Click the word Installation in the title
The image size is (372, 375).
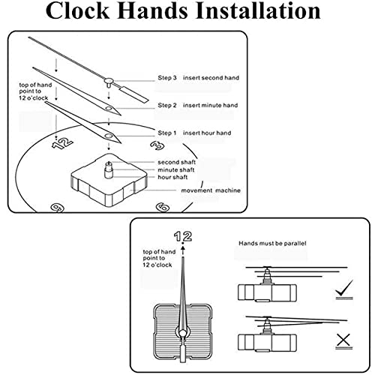point(258,10)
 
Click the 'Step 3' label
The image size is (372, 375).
point(167,78)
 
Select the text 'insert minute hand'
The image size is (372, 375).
point(210,105)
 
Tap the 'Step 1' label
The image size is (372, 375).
point(166,133)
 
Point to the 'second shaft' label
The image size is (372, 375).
point(176,162)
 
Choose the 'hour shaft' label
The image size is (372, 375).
point(172,177)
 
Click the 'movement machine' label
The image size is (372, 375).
point(211,190)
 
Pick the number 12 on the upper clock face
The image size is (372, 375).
point(62,143)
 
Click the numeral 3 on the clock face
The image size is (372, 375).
point(157,145)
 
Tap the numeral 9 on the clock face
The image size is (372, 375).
point(58,208)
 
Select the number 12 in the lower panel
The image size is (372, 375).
point(183,236)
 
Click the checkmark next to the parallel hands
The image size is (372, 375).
point(344,289)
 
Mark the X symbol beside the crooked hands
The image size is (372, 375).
point(343,341)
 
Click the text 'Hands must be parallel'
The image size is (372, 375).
point(272,243)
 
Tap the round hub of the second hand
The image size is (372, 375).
point(109,81)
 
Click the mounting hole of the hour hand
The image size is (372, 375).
point(109,136)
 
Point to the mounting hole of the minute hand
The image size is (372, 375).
point(109,109)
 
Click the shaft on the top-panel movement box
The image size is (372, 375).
point(109,170)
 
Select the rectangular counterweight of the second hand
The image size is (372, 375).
point(134,94)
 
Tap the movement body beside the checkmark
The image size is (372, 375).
point(267,292)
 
